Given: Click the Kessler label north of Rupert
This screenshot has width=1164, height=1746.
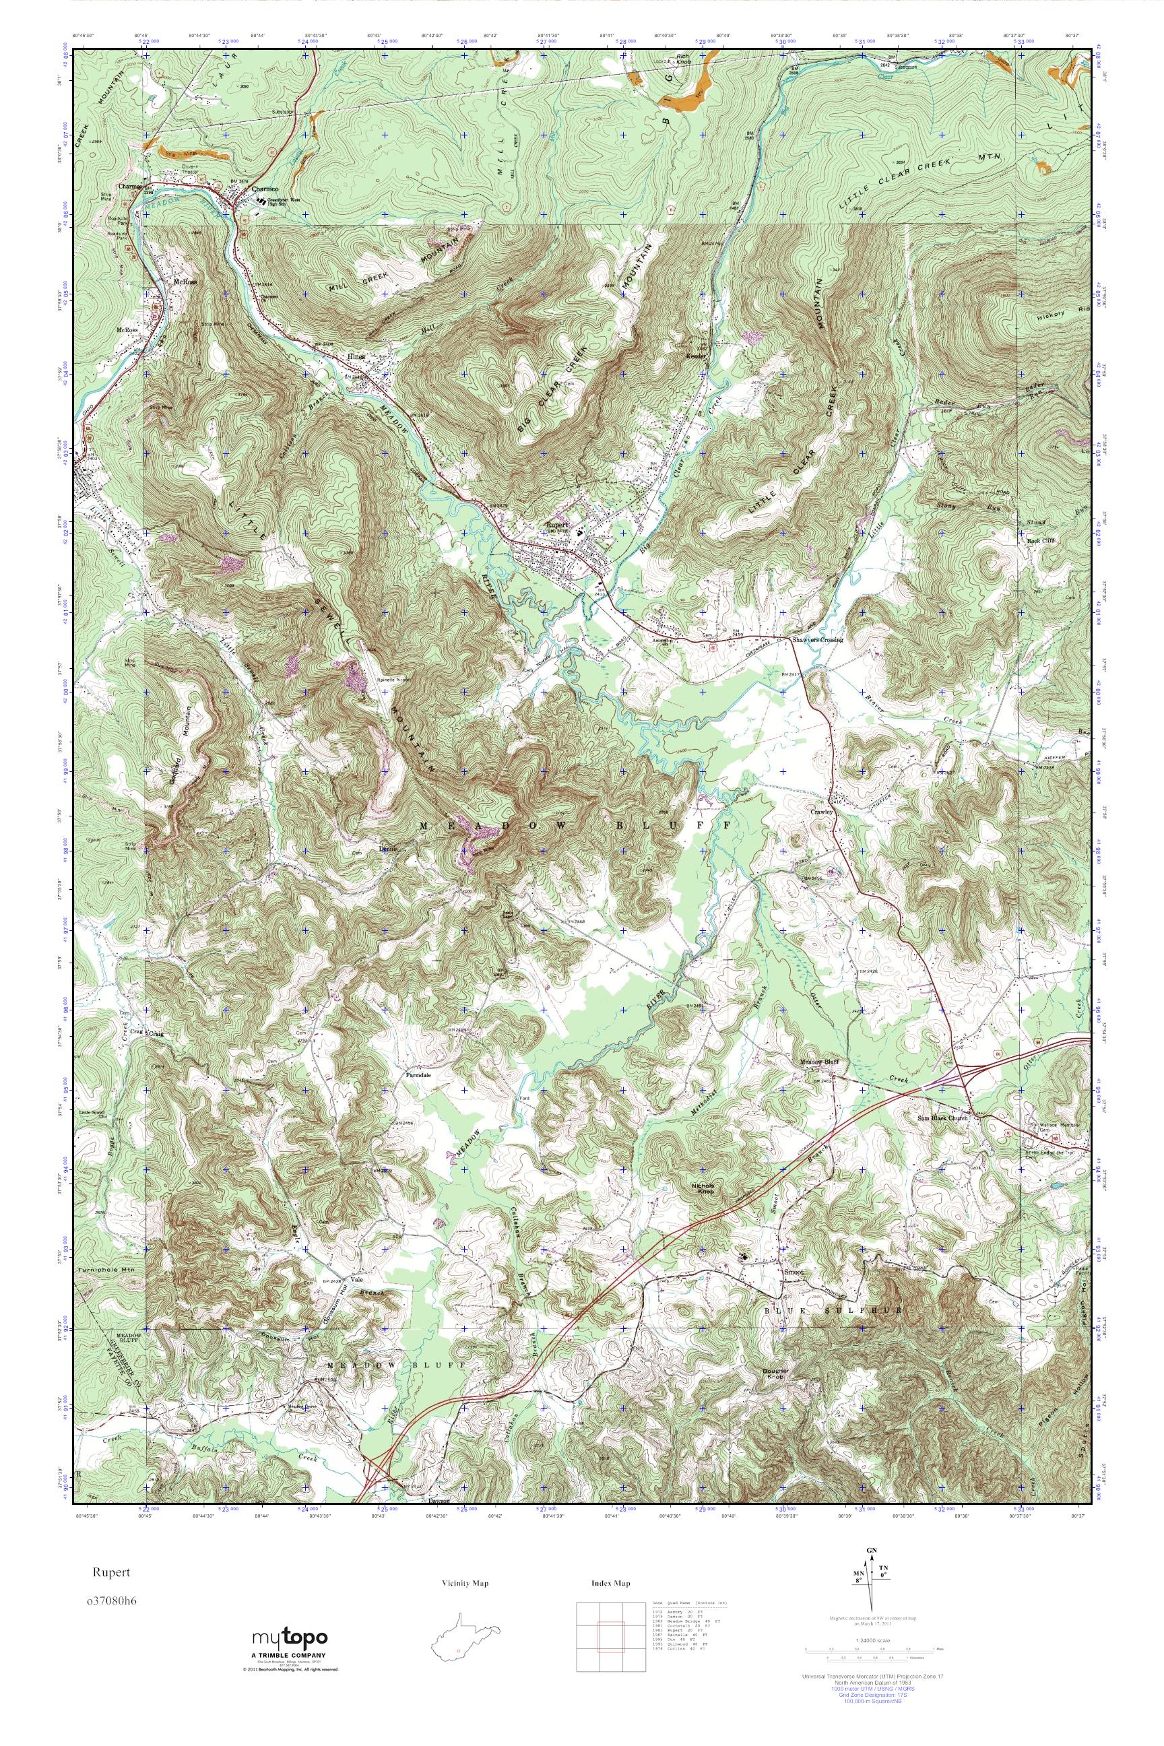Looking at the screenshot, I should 696,356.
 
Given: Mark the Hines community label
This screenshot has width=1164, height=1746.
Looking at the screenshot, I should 357,357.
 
